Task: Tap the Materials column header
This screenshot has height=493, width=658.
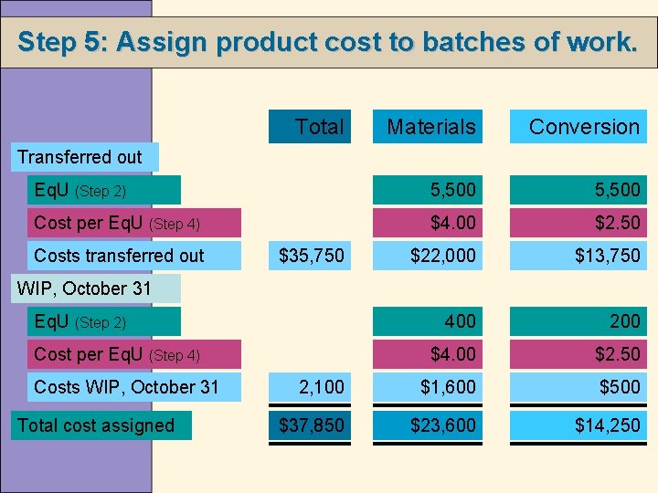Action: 430,127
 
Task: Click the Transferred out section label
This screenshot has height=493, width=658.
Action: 80,157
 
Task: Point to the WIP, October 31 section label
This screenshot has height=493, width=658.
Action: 84,288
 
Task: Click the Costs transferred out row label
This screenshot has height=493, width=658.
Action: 119,256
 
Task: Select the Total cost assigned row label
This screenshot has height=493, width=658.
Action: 96,425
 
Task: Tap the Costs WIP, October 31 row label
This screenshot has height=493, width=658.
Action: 126,387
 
